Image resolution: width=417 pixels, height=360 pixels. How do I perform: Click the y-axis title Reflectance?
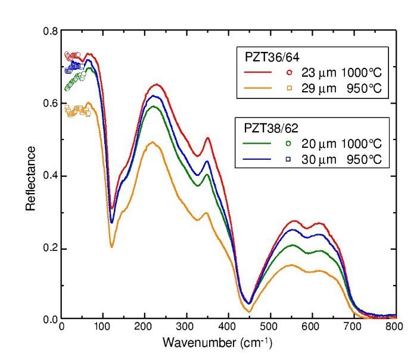click(31, 176)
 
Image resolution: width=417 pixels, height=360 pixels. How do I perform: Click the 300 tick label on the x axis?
click(186, 328)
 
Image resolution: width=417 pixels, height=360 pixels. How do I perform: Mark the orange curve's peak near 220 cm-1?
click(152, 142)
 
